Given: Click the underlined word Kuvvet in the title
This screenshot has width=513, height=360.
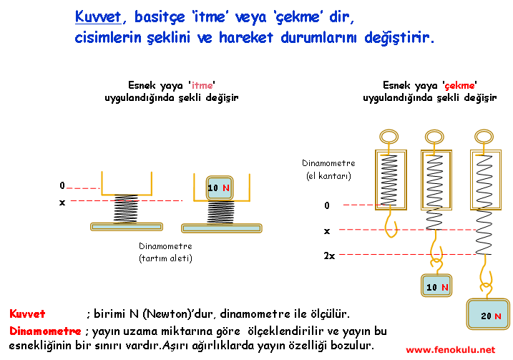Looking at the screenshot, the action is pyautogui.click(x=98, y=16).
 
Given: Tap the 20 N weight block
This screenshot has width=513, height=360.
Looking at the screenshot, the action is pyautogui.click(x=488, y=314).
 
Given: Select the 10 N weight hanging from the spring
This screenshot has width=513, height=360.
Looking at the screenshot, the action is pyautogui.click(x=436, y=286).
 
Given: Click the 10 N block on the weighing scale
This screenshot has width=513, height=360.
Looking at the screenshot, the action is pyautogui.click(x=220, y=188).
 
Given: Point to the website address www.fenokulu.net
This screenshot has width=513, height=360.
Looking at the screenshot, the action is pyautogui.click(x=451, y=350).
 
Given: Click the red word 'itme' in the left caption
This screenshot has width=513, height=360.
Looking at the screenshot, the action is pyautogui.click(x=202, y=85).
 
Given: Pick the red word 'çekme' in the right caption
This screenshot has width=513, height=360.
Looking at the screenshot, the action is pyautogui.click(x=459, y=85).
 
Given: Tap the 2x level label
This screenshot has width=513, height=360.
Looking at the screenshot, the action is pyautogui.click(x=329, y=256).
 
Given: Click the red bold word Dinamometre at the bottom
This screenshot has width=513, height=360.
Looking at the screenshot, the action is pyautogui.click(x=46, y=331).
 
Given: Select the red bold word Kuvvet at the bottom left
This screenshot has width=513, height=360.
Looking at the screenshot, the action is pyautogui.click(x=27, y=314).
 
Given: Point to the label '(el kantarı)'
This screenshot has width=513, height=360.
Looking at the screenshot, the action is pyautogui.click(x=328, y=176).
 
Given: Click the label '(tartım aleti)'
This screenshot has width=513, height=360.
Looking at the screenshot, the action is pyautogui.click(x=165, y=258).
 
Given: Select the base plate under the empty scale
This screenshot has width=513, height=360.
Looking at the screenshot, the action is pyautogui.click(x=127, y=226).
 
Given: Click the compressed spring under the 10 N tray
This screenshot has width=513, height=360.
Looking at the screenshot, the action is pyautogui.click(x=221, y=213).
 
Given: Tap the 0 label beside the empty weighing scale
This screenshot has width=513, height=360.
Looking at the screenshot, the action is pyautogui.click(x=62, y=185).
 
